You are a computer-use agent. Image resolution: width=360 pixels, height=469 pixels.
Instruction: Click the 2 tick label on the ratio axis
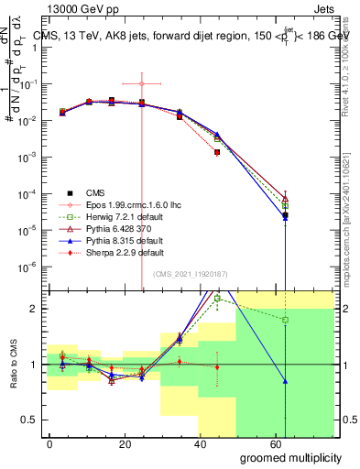click(x=38, y=309)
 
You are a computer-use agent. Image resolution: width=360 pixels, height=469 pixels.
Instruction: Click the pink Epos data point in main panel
click(x=141, y=83)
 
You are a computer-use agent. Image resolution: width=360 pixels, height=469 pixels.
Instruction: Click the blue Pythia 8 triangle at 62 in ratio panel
click(x=286, y=381)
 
